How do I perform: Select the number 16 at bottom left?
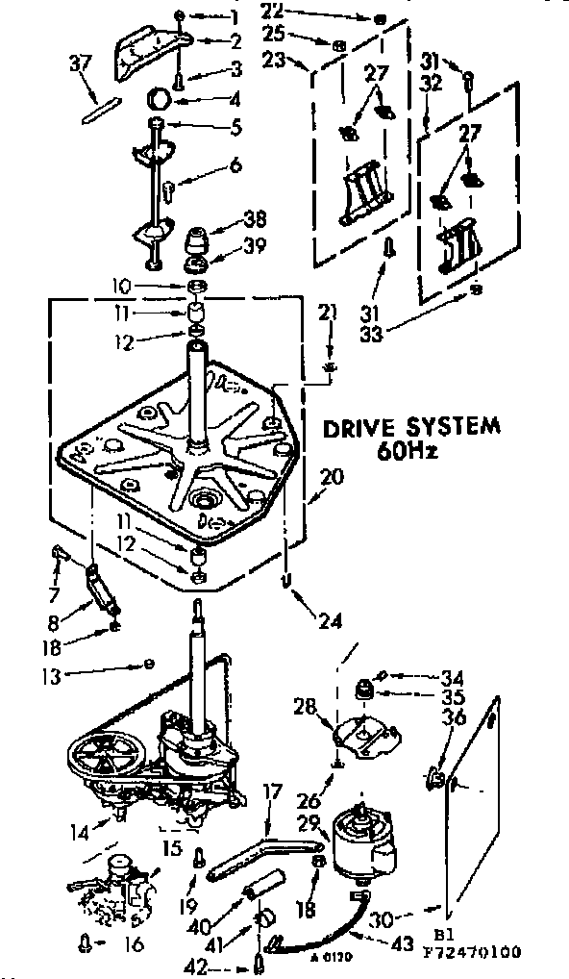134,945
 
